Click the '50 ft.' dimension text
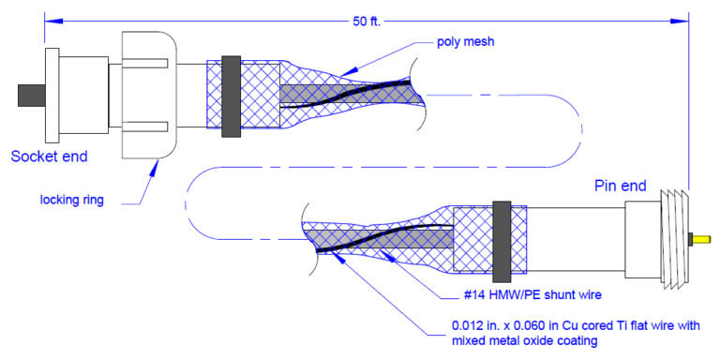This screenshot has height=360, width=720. point(367,21)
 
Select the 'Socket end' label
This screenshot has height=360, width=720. point(49,156)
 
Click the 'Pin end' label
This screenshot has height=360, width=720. point(620,186)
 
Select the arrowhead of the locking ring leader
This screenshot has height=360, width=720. point(158,161)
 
